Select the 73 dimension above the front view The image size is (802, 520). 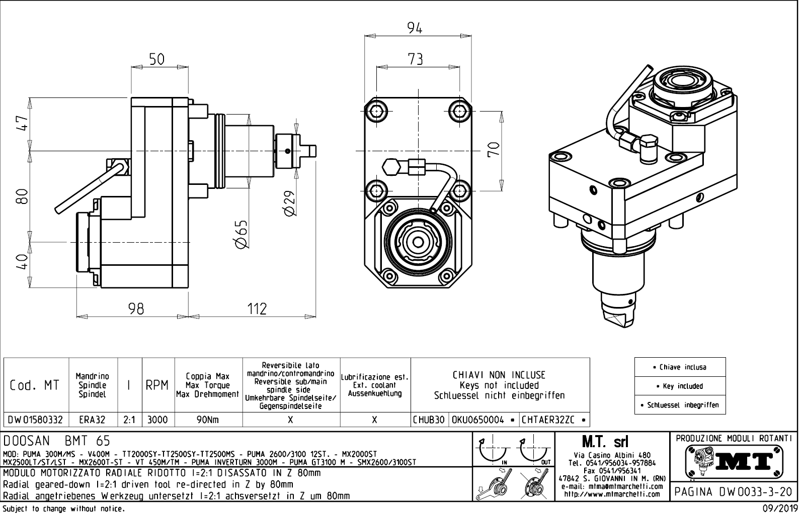(x=415, y=59)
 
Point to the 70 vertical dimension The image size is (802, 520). (x=495, y=150)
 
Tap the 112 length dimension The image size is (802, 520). (x=257, y=308)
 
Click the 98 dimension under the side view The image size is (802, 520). (x=136, y=308)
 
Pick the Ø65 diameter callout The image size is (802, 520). (x=241, y=234)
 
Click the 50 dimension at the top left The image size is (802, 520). (x=156, y=59)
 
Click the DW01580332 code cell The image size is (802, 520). (x=35, y=420)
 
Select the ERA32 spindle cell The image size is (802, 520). (x=93, y=420)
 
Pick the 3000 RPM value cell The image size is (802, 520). (x=158, y=420)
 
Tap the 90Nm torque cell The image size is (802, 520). (x=208, y=420)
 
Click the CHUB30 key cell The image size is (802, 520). (x=429, y=420)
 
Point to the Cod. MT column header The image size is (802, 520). (x=35, y=385)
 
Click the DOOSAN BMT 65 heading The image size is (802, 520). (x=56, y=441)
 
